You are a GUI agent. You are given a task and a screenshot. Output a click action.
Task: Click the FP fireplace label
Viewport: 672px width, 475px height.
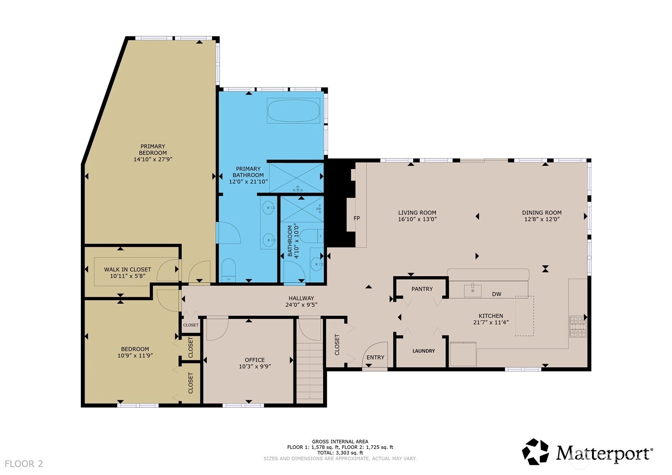coord(356,218)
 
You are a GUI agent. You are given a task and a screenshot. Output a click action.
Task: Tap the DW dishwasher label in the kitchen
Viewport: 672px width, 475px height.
coord(497,294)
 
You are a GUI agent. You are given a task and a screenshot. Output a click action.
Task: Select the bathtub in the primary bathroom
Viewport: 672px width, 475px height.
coord(293,111)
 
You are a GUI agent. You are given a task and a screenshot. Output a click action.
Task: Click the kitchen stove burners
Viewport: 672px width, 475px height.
coord(578,327)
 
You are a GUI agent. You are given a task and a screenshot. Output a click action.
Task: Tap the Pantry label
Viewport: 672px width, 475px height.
coord(422,289)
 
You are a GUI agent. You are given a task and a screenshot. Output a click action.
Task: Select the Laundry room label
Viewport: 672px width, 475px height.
coord(424,351)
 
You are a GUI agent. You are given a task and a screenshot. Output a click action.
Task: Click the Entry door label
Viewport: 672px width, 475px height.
coord(375,357)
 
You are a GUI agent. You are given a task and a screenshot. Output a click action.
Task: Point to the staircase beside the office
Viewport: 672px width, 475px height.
coord(310,372)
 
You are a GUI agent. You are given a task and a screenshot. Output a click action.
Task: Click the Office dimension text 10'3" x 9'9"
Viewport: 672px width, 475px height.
coord(255,366)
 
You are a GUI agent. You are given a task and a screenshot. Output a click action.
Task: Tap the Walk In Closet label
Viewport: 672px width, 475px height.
coord(127,269)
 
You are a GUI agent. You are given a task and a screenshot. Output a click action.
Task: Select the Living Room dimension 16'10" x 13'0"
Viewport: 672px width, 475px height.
coord(417,219)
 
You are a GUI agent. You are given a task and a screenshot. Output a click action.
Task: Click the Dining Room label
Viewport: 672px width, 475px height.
coord(542,213)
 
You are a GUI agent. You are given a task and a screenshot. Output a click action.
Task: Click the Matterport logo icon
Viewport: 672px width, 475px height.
coord(535,452)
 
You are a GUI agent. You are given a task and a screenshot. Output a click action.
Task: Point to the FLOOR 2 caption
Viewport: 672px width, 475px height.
coord(24,464)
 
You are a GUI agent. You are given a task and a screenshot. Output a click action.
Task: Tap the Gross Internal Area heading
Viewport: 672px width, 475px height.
coord(340,442)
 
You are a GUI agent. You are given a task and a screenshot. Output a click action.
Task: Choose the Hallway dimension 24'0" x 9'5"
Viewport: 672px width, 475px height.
coord(302,304)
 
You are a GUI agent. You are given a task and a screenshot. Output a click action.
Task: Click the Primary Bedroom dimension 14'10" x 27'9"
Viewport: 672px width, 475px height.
coord(153,159)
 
